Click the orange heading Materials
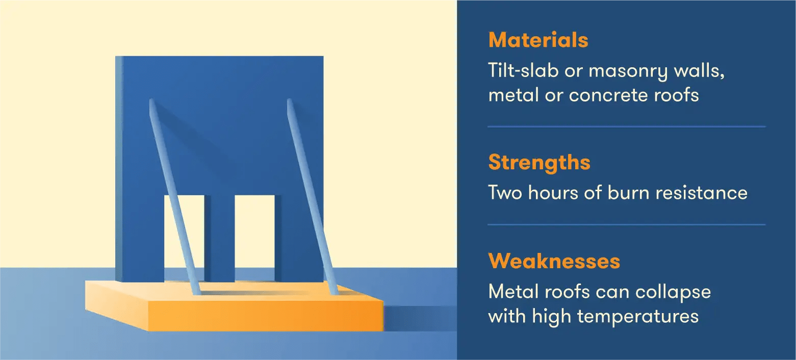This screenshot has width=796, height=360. [x=538, y=40]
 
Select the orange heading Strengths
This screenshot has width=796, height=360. [x=539, y=163]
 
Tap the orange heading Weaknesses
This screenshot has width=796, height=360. [x=554, y=261]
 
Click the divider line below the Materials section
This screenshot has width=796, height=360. [x=626, y=126]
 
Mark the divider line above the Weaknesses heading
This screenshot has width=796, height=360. [x=626, y=224]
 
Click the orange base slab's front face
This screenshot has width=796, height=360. [x=265, y=316]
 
